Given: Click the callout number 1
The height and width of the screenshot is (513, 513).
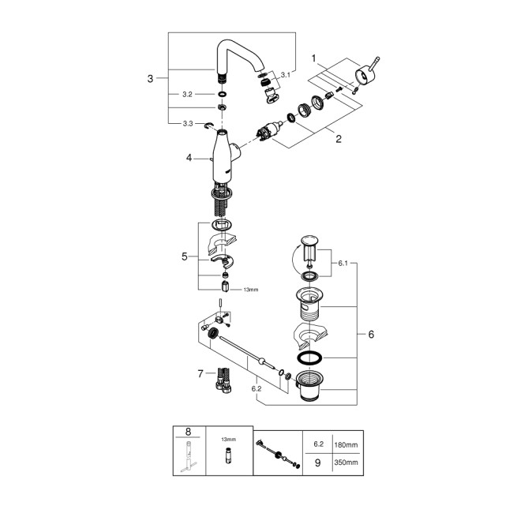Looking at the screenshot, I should [x=313, y=58].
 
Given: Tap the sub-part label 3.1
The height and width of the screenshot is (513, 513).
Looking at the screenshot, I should [x=285, y=75].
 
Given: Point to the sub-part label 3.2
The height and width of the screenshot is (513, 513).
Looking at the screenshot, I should [x=187, y=94].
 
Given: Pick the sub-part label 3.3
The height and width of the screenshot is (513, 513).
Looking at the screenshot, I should [x=188, y=124].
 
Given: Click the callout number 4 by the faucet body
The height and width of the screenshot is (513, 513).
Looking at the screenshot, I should [x=189, y=158].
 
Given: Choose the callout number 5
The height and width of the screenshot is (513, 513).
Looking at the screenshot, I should [x=184, y=256].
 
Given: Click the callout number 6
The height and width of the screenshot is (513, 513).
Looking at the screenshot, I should [x=370, y=334].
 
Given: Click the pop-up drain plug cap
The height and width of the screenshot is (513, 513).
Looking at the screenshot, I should [x=308, y=240].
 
